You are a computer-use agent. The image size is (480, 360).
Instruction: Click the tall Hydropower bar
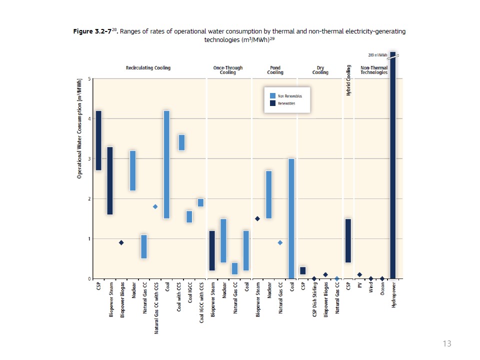[392, 165]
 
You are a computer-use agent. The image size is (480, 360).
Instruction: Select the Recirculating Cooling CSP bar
[98, 140]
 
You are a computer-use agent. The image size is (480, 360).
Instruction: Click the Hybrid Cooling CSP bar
[348, 240]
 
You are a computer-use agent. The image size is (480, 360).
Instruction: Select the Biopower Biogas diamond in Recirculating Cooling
[121, 242]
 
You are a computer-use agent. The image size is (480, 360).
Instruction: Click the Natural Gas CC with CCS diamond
[155, 206]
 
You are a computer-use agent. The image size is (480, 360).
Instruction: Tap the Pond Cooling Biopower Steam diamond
[257, 218]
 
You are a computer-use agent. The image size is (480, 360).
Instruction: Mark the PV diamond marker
[359, 274]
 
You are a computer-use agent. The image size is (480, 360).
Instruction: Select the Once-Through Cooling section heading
[227, 70]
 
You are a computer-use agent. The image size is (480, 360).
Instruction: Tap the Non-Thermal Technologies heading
[374, 70]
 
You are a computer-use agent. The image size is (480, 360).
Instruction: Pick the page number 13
[447, 343]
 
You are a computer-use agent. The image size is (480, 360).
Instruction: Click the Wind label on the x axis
[371, 289]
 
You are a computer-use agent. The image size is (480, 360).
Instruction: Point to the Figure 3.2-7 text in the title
[91, 31]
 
